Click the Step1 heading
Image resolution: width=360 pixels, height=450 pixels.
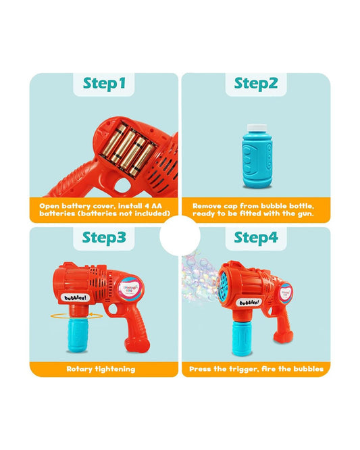click(x=105, y=84)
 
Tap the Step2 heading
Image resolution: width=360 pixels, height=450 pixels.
click(x=256, y=84)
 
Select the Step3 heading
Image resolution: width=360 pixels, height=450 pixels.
click(x=105, y=238)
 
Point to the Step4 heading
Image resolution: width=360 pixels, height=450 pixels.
click(x=256, y=238)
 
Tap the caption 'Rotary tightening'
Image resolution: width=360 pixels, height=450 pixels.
click(x=101, y=369)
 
